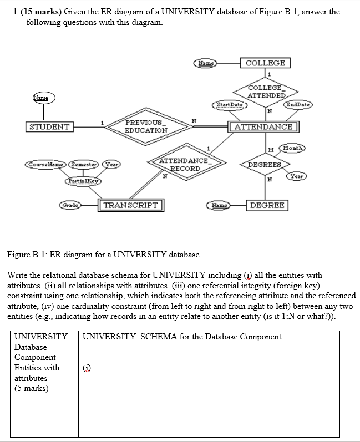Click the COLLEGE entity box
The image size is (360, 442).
click(265, 63)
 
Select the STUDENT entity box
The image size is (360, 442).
click(50, 127)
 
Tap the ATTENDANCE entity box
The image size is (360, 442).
click(263, 127)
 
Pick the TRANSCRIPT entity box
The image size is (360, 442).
click(130, 205)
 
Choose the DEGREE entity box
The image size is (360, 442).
click(267, 205)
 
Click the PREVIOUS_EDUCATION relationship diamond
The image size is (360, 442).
click(146, 126)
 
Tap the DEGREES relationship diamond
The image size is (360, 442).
click(265, 165)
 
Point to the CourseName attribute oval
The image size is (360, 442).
click(46, 165)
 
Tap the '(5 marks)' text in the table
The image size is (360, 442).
click(31, 388)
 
